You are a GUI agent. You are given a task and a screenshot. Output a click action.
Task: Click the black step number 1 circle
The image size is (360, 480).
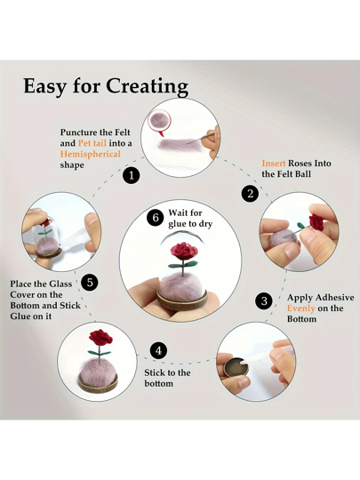click(x=132, y=176)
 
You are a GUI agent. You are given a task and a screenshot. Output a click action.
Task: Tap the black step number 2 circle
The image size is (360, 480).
click(x=251, y=194)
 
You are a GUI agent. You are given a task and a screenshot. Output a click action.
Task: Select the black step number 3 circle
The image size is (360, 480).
click(x=264, y=301)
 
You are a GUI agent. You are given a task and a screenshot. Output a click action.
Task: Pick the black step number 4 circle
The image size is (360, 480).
click(x=158, y=351)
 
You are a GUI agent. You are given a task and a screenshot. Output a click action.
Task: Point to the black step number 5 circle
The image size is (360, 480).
click(x=90, y=283)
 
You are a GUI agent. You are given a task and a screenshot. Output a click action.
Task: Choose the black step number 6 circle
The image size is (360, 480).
click(x=156, y=218)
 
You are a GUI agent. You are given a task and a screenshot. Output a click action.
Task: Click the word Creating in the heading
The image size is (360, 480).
click(x=147, y=86)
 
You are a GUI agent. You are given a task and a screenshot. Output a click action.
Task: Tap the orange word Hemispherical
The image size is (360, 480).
click(x=91, y=154)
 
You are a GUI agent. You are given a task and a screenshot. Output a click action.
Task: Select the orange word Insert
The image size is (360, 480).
click(x=274, y=164)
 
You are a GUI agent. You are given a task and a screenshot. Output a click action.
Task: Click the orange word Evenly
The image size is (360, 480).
click(x=301, y=308)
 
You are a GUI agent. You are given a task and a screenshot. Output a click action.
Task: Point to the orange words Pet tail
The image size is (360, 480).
click(x=92, y=143)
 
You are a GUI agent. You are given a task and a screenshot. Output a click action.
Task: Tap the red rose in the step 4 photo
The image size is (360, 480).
click(x=100, y=339)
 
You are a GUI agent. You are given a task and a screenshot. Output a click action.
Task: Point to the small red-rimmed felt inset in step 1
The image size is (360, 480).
click(x=161, y=121)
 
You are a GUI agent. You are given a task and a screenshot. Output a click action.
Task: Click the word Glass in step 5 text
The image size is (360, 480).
click(x=60, y=284)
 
